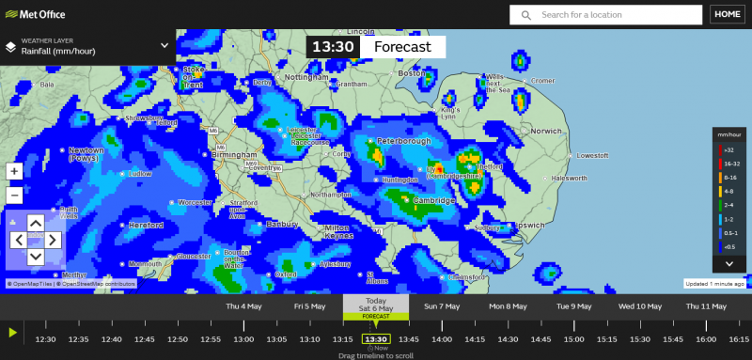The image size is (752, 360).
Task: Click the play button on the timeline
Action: click(x=12, y=332)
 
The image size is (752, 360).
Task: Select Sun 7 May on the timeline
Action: click(x=442, y=306)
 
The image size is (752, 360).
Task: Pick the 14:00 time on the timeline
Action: click(x=442, y=338)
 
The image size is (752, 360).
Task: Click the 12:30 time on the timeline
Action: click(x=45, y=338)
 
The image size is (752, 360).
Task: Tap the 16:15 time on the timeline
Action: click(x=739, y=338)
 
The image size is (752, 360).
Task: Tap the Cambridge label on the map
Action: click(x=434, y=201)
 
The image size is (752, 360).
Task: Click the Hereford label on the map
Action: click(x=146, y=226)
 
